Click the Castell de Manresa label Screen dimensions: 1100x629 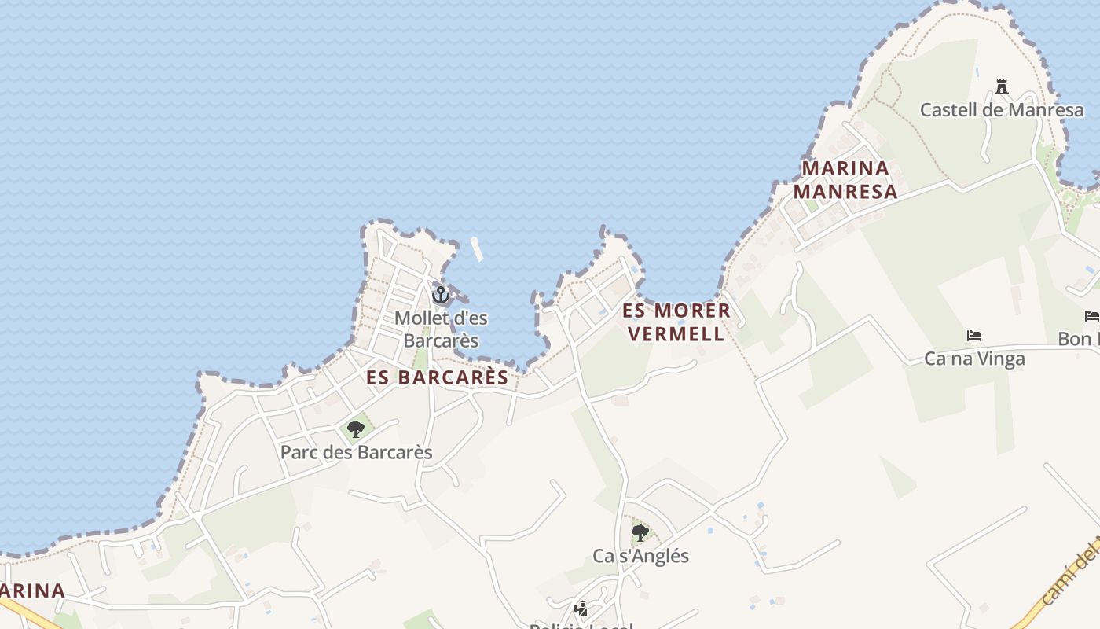click(1002, 109)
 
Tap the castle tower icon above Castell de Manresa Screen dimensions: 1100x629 click(1002, 86)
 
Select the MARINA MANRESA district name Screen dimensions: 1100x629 click(845, 180)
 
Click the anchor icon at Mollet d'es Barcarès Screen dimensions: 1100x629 click(441, 295)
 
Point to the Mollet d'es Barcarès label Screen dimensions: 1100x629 click(441, 329)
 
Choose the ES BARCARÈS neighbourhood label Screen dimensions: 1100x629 click(438, 377)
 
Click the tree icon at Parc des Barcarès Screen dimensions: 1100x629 click(356, 429)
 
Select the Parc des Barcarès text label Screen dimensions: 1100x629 click(357, 453)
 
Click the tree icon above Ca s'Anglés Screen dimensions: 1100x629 click(640, 533)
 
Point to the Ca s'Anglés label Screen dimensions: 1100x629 click(640, 556)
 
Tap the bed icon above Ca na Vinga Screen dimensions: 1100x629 click(974, 336)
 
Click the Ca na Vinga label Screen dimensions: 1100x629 click(974, 359)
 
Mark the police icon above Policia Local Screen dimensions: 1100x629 click(581, 608)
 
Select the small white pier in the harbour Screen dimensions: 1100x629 click(476, 248)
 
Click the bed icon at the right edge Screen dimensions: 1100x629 click(1092, 316)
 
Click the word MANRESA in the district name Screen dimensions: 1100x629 click(845, 192)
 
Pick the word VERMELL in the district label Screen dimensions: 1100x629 click(676, 334)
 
